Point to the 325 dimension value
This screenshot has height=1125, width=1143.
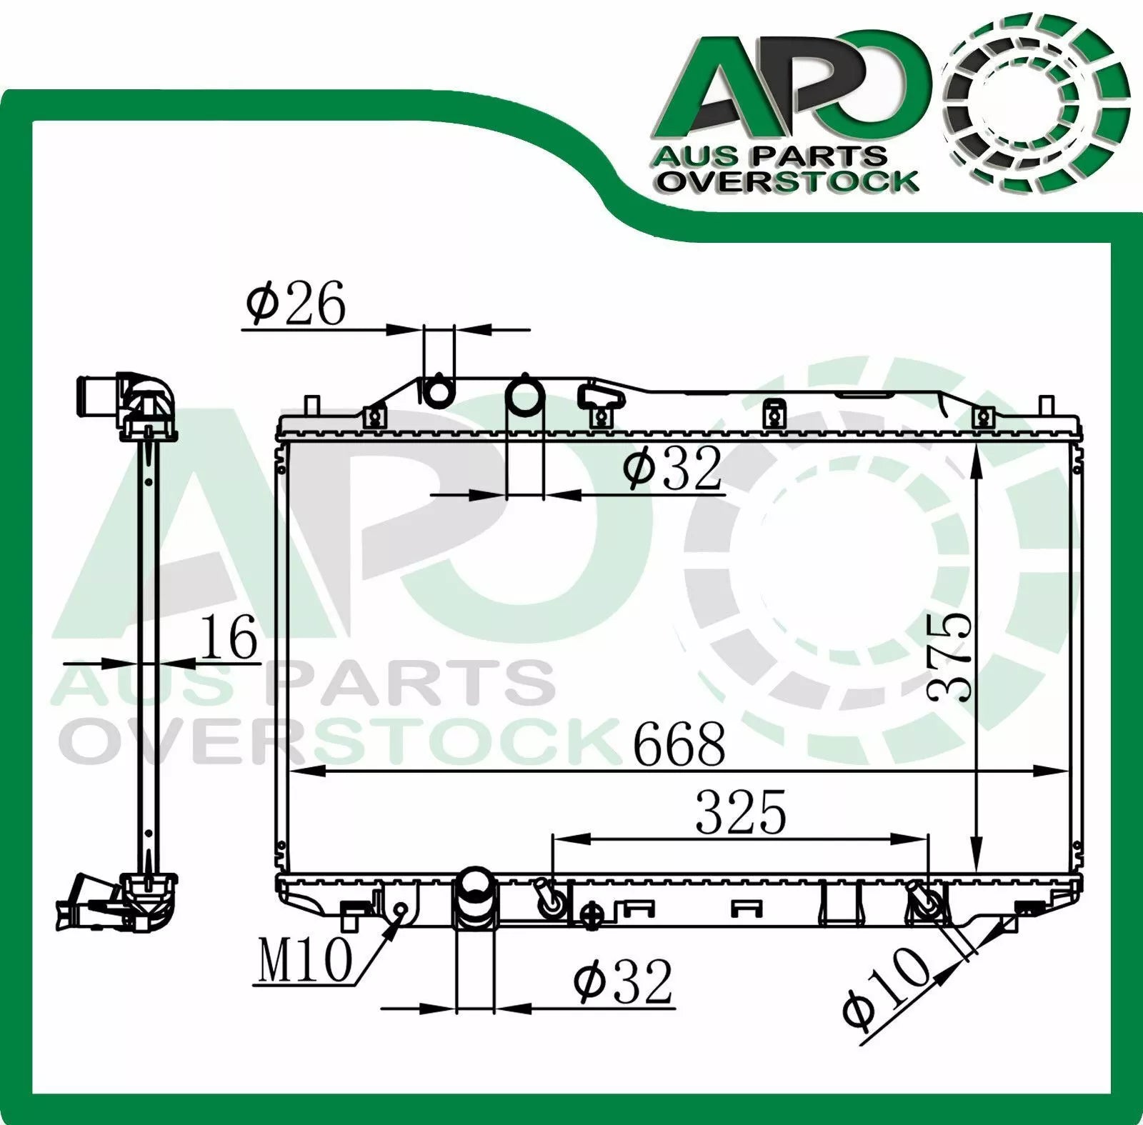tap(741, 811)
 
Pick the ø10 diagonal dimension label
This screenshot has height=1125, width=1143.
tap(887, 989)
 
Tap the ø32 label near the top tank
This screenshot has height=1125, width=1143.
tap(672, 468)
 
